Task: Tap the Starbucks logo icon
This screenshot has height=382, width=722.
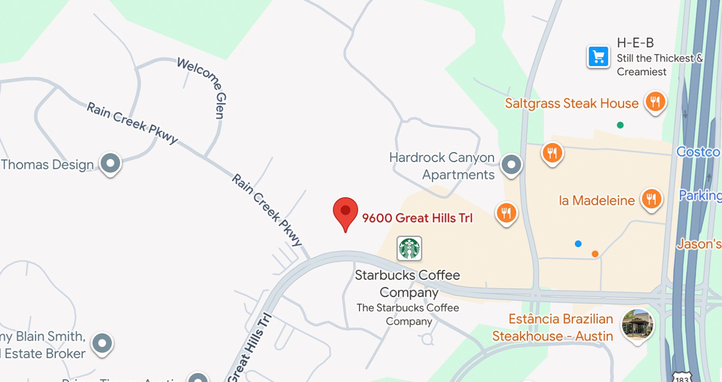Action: [409, 248]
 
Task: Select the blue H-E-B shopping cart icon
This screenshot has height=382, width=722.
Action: [598, 57]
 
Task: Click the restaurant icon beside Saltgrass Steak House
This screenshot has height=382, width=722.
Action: [655, 102]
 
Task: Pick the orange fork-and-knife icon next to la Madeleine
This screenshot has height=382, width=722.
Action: [651, 198]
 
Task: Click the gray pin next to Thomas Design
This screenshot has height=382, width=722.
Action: [110, 164]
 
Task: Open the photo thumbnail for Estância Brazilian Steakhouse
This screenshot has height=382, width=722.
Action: [637, 324]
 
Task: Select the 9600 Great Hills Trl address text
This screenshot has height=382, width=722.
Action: [417, 218]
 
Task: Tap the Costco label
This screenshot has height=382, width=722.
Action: [698, 151]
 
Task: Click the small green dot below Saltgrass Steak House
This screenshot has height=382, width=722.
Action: [620, 125]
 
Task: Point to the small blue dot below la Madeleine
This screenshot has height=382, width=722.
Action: [578, 244]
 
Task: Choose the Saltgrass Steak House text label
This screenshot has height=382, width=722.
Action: [571, 104]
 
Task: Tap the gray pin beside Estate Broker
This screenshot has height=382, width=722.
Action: [102, 343]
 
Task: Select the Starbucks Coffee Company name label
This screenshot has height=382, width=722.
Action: [408, 284]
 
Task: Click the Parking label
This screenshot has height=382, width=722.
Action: [700, 195]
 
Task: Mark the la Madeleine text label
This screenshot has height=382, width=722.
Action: [597, 200]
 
